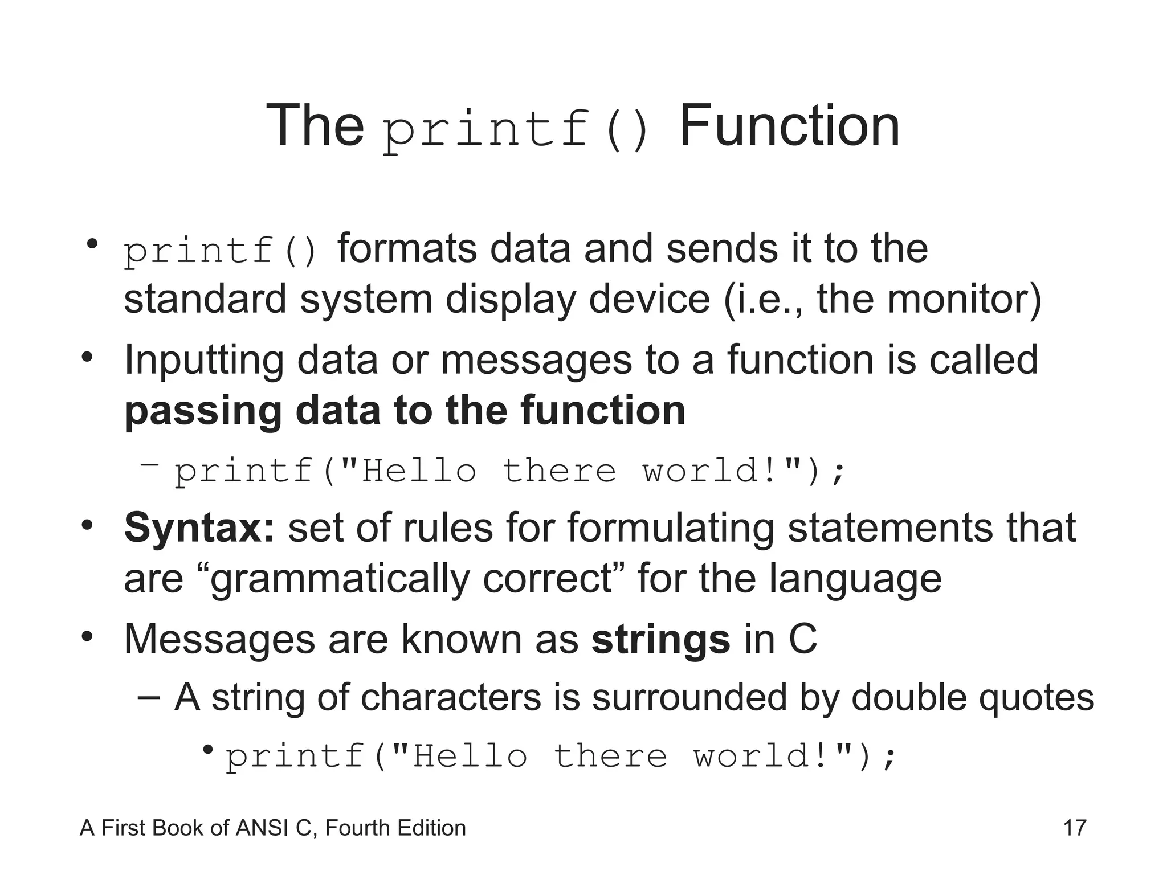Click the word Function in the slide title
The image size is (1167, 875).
[789, 125]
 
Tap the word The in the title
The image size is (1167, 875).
[315, 125]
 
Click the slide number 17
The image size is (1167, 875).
[1075, 828]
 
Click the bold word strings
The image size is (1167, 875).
[660, 639]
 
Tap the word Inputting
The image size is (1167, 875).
[203, 361]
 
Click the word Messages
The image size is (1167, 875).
[219, 639]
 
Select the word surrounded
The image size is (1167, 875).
[689, 697]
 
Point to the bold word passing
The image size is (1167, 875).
[203, 412]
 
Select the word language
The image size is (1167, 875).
[855, 579]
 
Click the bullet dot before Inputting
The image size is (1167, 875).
[87, 357]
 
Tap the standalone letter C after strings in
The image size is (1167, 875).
[803, 639]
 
